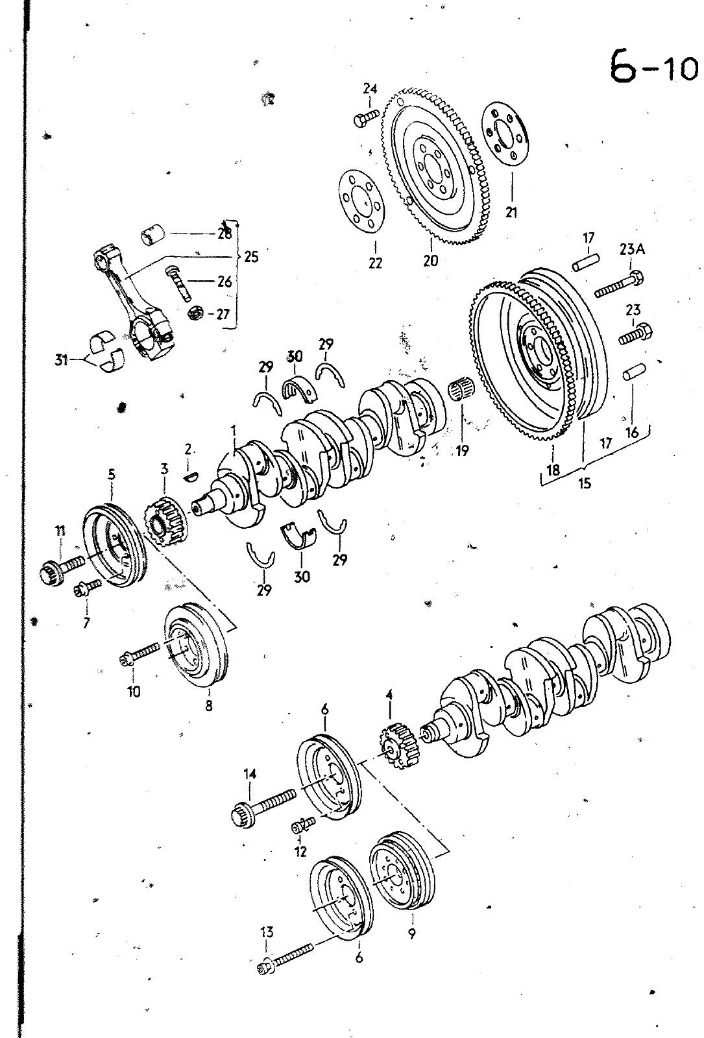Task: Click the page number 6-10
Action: click(x=653, y=67)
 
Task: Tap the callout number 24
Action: click(x=370, y=88)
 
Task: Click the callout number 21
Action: click(x=511, y=213)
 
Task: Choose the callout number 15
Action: click(x=585, y=483)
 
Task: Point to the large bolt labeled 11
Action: click(x=61, y=566)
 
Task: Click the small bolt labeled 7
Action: click(x=87, y=587)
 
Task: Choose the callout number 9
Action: click(x=411, y=934)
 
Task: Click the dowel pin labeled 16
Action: click(x=633, y=372)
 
